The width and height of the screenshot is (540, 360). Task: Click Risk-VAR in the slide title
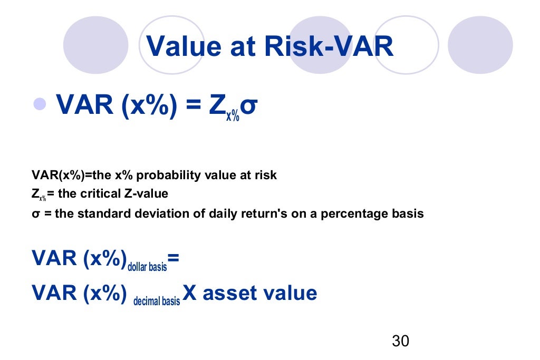pyautogui.click(x=329, y=46)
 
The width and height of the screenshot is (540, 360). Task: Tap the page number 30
pyautogui.click(x=400, y=341)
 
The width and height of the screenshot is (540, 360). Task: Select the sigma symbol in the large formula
pyautogui.click(x=250, y=105)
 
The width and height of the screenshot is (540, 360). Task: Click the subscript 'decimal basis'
pyautogui.click(x=157, y=301)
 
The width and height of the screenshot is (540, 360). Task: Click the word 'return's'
pyautogui.click(x=267, y=214)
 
